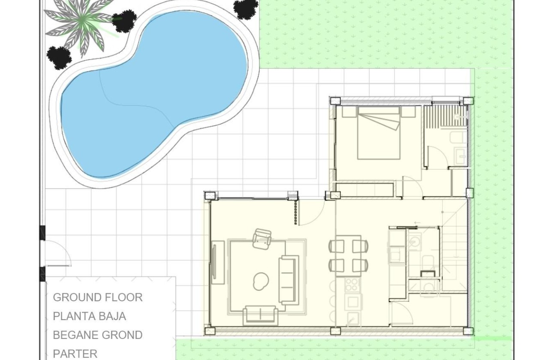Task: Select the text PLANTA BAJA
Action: click(89, 316)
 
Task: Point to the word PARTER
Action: click(75, 354)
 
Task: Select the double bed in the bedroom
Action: click(379, 133)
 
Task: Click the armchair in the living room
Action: click(262, 239)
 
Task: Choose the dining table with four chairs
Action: click(348, 256)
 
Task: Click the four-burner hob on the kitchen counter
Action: click(352, 285)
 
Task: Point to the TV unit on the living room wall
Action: click(218, 262)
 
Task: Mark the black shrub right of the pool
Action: click(246, 9)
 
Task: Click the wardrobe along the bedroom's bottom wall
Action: click(365, 189)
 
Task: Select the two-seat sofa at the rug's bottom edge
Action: click(260, 315)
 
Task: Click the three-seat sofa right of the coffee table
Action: click(289, 280)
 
